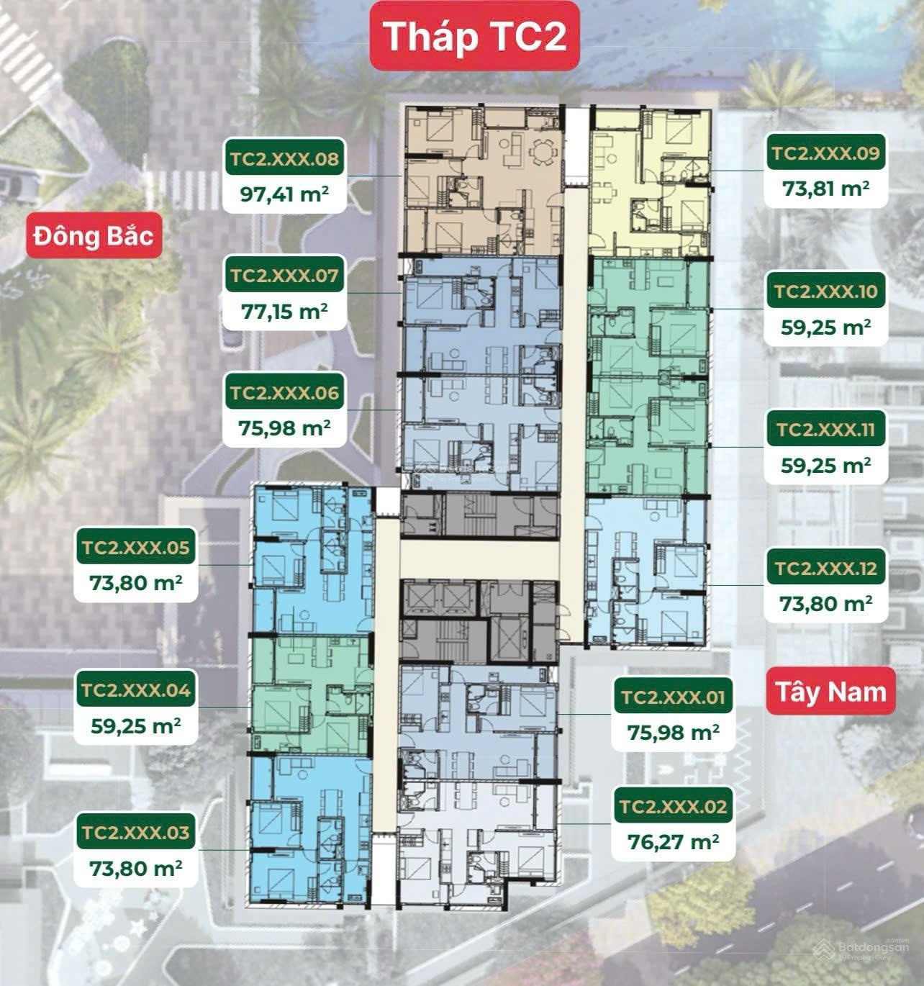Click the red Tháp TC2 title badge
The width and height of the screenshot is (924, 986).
pos(475,36)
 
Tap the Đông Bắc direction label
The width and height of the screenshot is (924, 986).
pos(94,235)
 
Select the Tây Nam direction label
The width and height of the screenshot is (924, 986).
pos(830,691)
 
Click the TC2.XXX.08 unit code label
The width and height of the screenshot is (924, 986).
pos(284,158)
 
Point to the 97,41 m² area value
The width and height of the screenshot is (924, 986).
pos(284,194)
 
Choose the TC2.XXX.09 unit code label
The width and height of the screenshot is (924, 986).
pos(825,153)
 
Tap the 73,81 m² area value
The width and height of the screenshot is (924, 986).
pos(825,189)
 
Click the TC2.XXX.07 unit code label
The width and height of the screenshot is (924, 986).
pos(284,274)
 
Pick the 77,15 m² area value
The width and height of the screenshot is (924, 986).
pos(284,312)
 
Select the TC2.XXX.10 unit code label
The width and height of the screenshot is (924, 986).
pos(825,291)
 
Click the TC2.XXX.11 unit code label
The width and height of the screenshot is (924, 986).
pos(825,429)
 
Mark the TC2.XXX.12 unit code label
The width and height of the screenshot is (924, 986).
pos(825,567)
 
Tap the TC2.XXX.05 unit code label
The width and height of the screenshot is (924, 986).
pos(135,547)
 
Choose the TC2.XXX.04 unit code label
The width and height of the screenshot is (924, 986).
pos(135,689)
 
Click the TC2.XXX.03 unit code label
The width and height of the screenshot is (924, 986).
pos(135,832)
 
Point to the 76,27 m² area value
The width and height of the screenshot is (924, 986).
pos(674,841)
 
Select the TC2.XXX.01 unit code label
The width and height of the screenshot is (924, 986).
pos(674,697)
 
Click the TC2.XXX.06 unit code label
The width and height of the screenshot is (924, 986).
pos(284,392)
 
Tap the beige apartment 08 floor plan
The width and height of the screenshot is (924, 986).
pos(484,180)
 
